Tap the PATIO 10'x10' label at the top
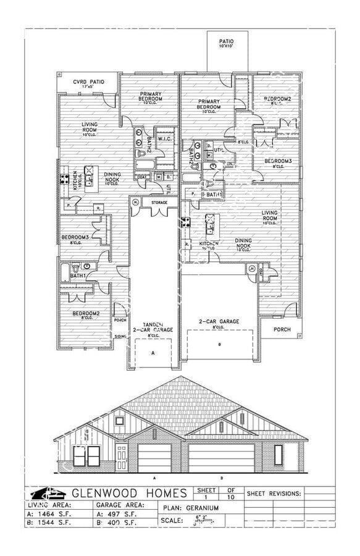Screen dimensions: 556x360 coord(227,44)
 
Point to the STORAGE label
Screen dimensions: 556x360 coord(159,201)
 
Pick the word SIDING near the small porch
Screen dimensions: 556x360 coord(120,336)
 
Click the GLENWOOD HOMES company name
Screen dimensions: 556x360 coord(130,493)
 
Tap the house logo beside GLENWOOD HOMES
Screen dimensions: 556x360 coord(48,493)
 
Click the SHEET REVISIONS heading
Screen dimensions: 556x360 coord(274,494)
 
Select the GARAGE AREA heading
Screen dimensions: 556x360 coord(120,505)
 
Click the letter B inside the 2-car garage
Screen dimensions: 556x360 coord(219,344)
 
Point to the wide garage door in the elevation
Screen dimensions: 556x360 coord(220,458)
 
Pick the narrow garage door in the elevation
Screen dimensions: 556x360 coord(154,460)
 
